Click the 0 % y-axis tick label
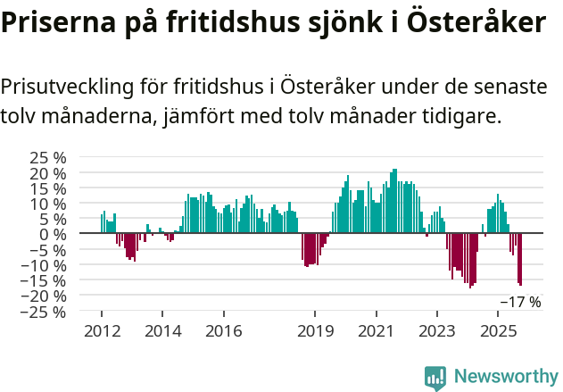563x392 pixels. click(54, 234)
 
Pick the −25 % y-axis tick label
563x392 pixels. click(46, 312)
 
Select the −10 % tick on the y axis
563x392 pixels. click(46, 265)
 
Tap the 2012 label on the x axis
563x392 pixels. click(101, 331)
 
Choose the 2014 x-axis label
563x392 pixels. click(162, 331)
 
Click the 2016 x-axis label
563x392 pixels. click(223, 331)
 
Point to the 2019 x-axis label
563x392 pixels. click(315, 331)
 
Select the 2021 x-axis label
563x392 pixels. click(376, 331)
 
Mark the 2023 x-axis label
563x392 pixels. click(437, 331)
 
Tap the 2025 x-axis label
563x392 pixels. click(498, 331)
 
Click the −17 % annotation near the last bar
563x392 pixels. click(521, 302)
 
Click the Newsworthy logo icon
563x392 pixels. click(435, 378)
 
